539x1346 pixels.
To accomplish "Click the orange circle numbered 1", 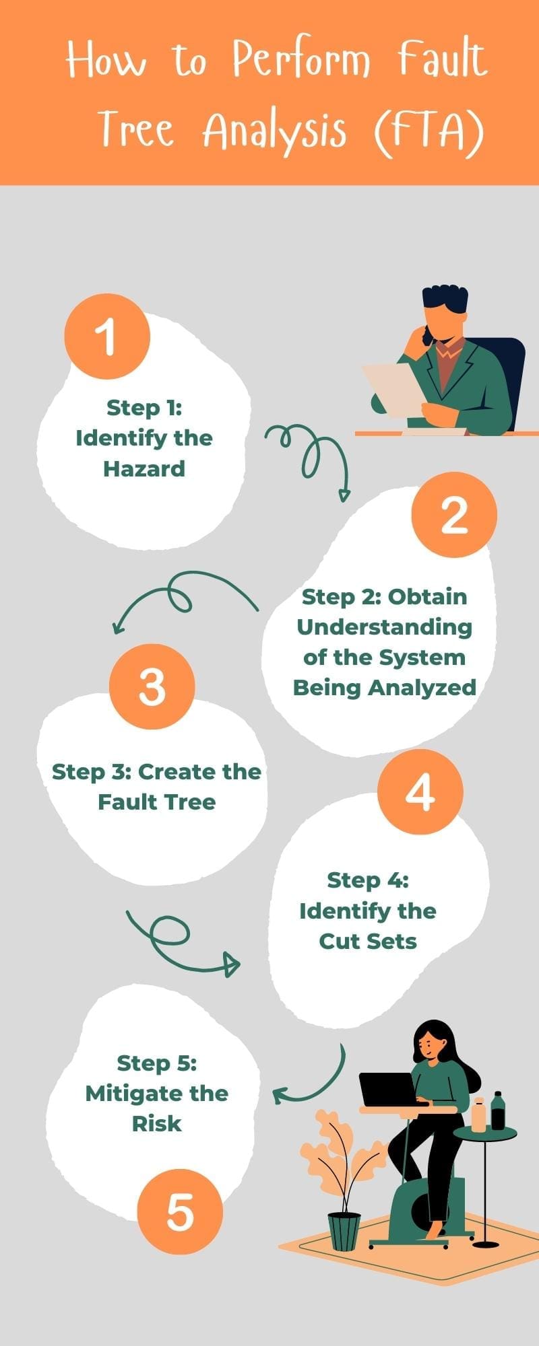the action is coord(106,336).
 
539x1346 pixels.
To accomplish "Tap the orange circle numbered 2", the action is coord(454,514).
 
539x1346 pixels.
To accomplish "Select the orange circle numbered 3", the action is coord(152,686).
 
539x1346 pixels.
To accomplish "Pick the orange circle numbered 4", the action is coord(420,791).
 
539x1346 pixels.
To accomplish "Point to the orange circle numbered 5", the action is coord(180,1211).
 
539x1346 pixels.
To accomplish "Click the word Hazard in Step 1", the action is coord(144,468).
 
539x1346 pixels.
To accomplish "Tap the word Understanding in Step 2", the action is coord(384,627).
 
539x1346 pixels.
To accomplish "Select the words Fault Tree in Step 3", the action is coord(157,802).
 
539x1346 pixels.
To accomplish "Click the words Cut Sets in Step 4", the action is coord(368,941).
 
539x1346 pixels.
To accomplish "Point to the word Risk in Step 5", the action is coord(157,1123).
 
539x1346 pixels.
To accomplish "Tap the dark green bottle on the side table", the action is coord(498,1110).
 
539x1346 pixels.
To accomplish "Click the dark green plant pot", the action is coord(344,1232).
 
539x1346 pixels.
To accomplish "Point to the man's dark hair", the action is coord(445,299).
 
